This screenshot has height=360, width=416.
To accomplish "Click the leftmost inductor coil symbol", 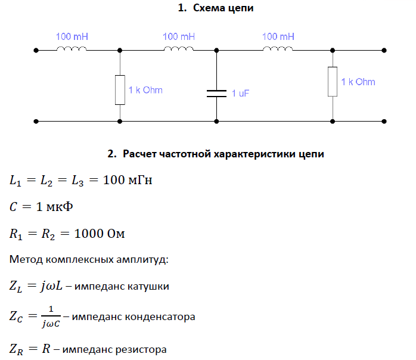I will pos(72,49).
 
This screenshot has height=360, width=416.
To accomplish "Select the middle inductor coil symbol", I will pos(179,49).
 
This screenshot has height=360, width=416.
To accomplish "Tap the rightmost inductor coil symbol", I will pos(278,49).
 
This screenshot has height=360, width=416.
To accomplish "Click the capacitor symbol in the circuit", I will pos(216,92).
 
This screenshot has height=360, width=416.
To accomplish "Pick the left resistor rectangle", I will pos(120,89).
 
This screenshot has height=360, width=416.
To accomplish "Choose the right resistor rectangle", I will pos(333,82).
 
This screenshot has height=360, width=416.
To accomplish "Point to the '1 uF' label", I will pos(240,94).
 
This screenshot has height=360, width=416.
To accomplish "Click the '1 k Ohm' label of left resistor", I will pos(145,90).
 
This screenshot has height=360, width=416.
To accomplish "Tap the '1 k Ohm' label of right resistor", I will pos(358,82).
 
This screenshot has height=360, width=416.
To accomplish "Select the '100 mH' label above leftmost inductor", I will pos(72,36).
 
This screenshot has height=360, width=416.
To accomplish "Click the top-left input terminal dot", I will pos(36,50).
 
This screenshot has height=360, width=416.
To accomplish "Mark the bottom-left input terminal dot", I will pos(36,121).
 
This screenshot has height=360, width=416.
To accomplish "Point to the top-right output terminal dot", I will pos(384,50).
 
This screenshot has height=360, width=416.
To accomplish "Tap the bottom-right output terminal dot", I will pos(384,121).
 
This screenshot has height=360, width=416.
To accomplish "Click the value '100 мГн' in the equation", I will pos(128,179).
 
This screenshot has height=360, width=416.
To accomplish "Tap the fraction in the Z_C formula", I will pos(51,316).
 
